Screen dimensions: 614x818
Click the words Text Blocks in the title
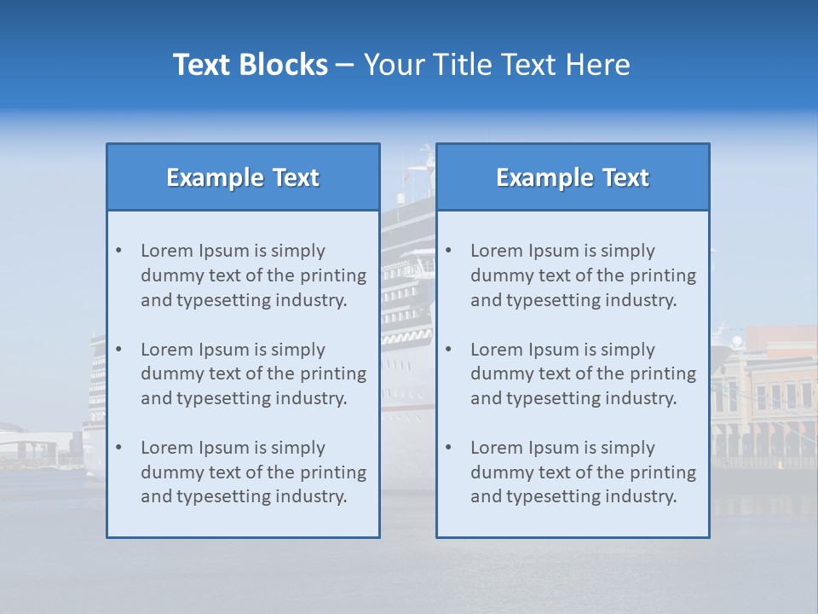point(250,65)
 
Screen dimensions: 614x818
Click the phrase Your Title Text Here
point(497,65)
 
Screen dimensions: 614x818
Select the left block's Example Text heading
point(243,177)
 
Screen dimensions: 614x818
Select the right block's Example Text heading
point(573,177)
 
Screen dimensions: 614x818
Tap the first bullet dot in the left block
point(119,251)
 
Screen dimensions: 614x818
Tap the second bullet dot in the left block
point(119,350)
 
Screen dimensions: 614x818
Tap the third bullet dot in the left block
point(119,448)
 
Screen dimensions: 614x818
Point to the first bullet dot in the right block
point(449,251)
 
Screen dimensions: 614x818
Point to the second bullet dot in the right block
point(449,350)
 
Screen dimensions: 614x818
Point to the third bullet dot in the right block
point(449,448)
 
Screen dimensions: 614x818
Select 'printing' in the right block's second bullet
point(663,374)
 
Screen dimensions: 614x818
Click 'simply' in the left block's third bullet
point(298,448)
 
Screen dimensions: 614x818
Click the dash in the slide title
point(345,65)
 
